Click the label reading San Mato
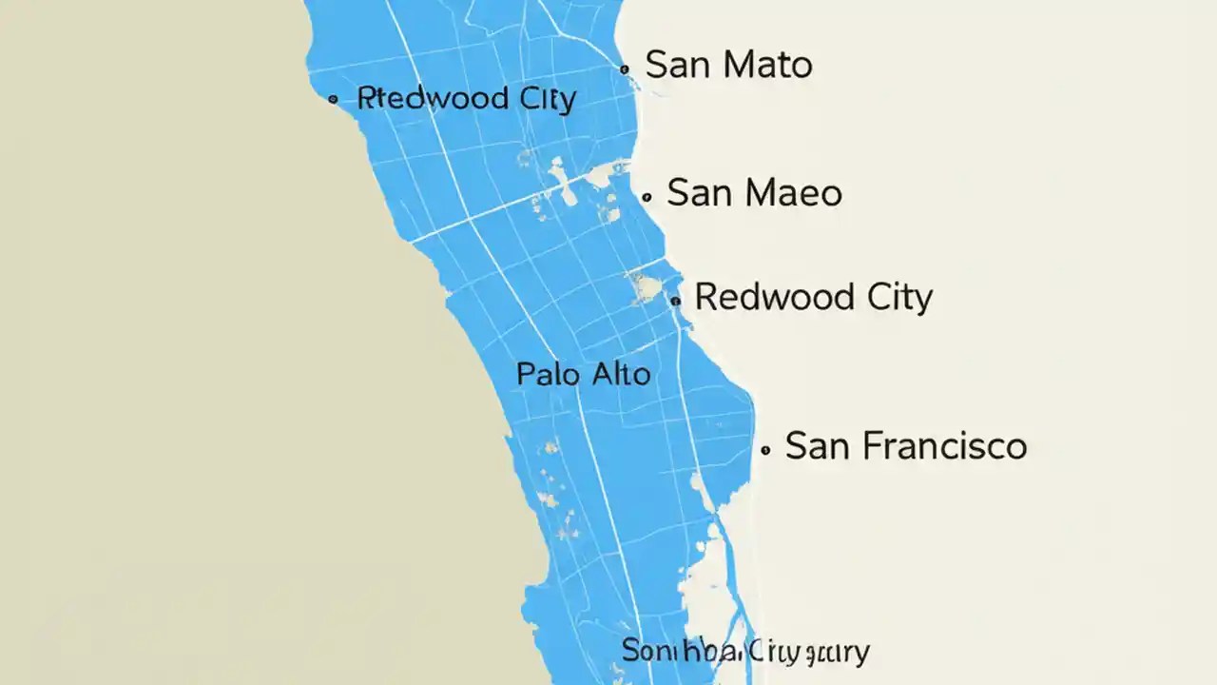pos(728,66)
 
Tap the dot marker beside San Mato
pos(624,69)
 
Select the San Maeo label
pos(754,193)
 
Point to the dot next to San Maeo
pos(647,198)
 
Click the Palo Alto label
pos(583,374)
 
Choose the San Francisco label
pos(905,446)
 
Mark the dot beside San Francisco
pos(765,449)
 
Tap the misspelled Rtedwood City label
pos(466,98)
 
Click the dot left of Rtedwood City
pos(333,99)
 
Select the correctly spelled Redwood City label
pos(813,298)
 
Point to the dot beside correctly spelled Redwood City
pos(676,301)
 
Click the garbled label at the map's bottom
pos(745,652)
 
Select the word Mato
pos(767,66)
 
